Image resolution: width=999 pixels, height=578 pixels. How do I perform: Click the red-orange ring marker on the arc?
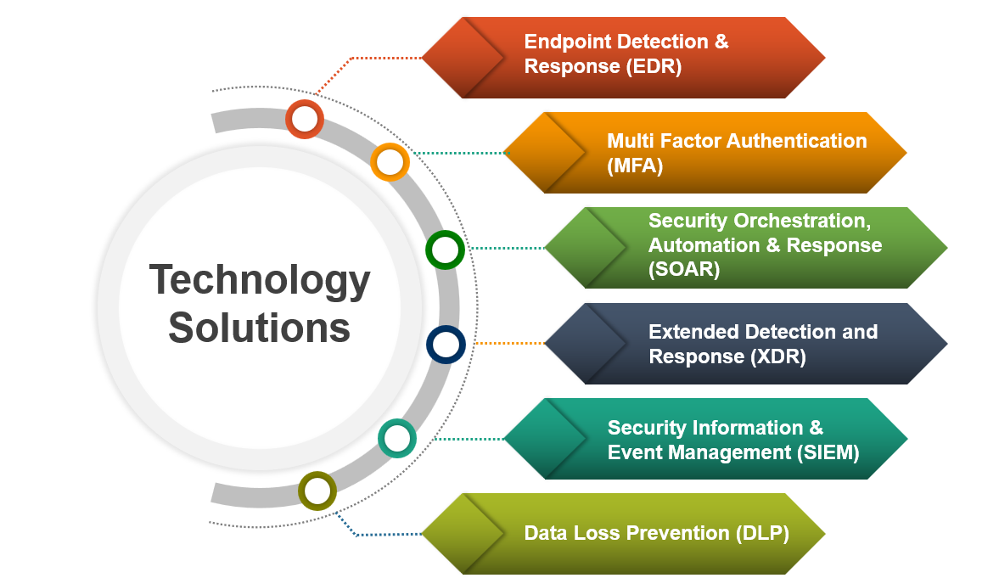(x=305, y=119)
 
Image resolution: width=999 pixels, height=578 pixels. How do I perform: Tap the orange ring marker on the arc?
(x=390, y=161)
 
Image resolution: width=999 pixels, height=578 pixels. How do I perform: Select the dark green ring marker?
(x=445, y=250)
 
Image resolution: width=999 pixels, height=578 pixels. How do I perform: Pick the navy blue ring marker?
(x=446, y=345)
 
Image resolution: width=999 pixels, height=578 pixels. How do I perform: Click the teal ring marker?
(x=396, y=439)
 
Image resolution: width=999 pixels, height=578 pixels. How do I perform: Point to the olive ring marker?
(x=317, y=491)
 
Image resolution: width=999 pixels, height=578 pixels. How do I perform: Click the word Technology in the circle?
(x=260, y=281)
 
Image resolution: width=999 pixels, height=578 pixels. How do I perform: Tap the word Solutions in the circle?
(x=260, y=328)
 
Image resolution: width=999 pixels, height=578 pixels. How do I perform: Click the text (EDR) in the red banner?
(x=654, y=66)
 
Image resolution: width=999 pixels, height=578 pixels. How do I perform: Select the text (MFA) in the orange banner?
(x=635, y=166)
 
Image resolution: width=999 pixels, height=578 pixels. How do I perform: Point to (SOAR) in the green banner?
(x=684, y=270)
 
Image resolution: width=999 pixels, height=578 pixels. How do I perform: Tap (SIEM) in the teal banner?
(x=828, y=452)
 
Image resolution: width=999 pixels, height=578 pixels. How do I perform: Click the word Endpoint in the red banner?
(x=570, y=42)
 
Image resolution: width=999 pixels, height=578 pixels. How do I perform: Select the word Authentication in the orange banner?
(x=799, y=141)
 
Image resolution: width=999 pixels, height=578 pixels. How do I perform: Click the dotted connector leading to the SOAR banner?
(x=506, y=249)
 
